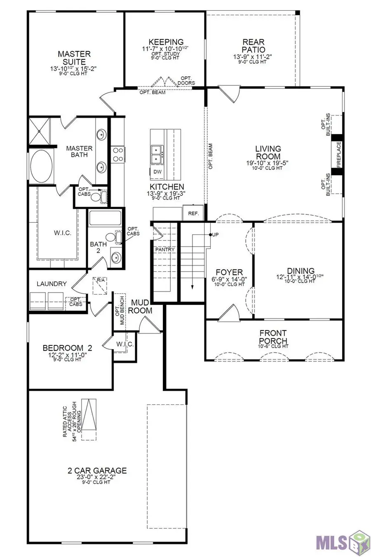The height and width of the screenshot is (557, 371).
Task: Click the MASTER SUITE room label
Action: (74, 58)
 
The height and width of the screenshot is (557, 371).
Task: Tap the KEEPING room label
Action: (166, 42)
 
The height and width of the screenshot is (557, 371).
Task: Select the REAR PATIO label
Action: (253, 46)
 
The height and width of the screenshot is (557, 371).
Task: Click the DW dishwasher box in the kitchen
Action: (157, 172)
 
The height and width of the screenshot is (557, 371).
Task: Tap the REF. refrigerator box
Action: (193, 213)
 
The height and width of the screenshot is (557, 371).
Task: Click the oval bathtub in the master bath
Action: (40, 165)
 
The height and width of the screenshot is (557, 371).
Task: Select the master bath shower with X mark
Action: (39, 131)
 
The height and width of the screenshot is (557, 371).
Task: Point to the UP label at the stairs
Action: (215, 235)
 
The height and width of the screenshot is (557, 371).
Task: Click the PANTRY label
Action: (165, 250)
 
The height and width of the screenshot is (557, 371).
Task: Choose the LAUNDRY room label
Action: (52, 284)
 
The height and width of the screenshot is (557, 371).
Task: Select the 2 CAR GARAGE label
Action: (97, 470)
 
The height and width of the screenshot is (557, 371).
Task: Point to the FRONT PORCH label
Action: (273, 337)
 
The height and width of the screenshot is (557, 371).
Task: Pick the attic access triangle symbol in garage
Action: (89, 419)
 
